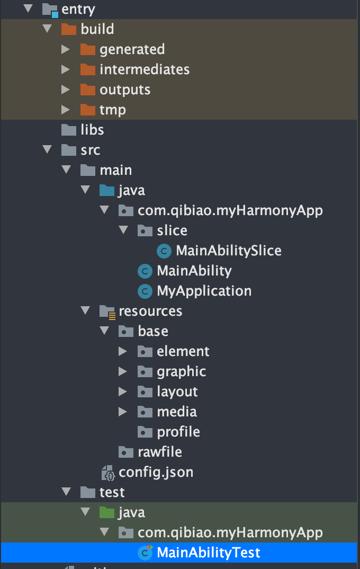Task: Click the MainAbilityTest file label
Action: (x=208, y=553)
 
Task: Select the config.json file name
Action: (x=156, y=472)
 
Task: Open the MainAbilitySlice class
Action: (x=228, y=250)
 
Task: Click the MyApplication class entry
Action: (x=204, y=291)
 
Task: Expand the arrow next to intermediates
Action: (x=66, y=69)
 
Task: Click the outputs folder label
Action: (x=125, y=90)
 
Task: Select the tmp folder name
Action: (x=112, y=110)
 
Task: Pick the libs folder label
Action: (x=92, y=130)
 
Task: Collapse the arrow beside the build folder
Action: (x=47, y=29)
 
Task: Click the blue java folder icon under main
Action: (x=107, y=190)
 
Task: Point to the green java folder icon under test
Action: (x=107, y=512)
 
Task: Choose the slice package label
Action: (x=172, y=230)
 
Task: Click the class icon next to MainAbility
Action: (x=145, y=271)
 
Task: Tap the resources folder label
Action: (x=150, y=311)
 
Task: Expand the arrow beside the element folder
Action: (x=123, y=351)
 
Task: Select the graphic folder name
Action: (x=181, y=371)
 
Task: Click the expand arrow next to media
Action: (x=123, y=412)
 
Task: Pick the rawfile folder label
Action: (x=159, y=452)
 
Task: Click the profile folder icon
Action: (x=145, y=432)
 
